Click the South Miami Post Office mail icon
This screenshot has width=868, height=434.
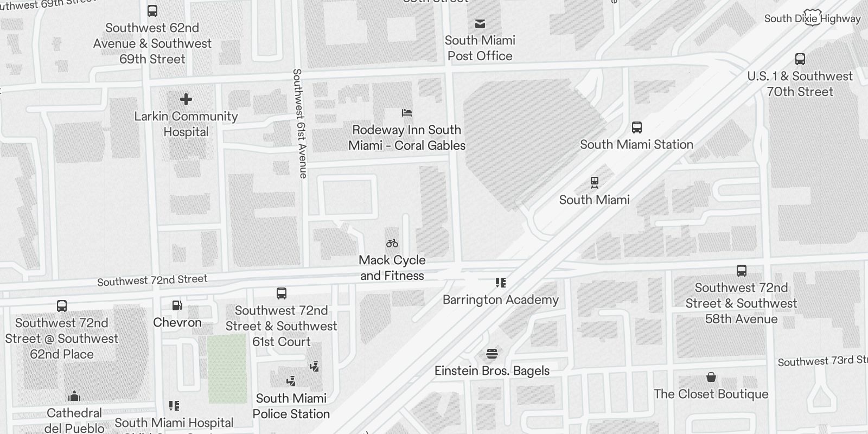click(480, 24)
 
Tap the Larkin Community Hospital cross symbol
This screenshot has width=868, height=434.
click(186, 99)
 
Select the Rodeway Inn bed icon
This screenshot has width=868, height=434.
click(407, 113)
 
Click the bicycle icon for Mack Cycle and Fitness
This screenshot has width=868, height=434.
click(392, 243)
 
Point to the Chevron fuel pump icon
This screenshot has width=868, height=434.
click(177, 306)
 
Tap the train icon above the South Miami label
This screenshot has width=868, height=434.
click(595, 183)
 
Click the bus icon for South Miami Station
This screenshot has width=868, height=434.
click(637, 127)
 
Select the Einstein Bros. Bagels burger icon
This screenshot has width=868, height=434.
click(492, 354)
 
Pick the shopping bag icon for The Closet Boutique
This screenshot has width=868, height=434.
click(711, 378)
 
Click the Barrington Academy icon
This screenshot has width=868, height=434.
click(500, 283)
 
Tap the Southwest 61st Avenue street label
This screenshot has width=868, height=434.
click(299, 123)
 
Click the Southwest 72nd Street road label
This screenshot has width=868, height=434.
click(152, 280)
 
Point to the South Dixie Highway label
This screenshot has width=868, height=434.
click(812, 18)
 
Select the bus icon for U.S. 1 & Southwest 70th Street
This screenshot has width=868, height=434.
click(800, 59)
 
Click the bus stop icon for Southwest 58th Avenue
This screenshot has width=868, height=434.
click(742, 271)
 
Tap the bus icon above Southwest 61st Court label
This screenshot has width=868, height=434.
click(282, 293)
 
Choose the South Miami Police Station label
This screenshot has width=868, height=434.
click(291, 406)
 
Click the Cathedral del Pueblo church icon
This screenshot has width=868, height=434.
click(74, 396)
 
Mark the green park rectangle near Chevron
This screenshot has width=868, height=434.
click(227, 369)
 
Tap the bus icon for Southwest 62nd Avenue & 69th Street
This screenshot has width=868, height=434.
click(152, 11)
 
